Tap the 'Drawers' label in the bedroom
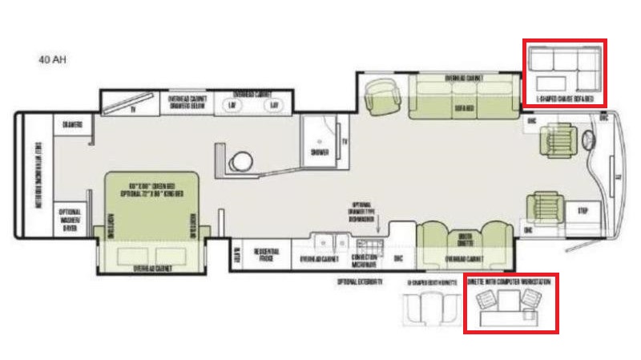[x=66, y=124]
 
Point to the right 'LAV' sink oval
[x=272, y=105]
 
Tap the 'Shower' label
[x=319, y=151]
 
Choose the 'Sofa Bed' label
[x=462, y=105]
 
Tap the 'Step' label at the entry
[x=583, y=210]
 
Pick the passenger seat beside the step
[x=548, y=207]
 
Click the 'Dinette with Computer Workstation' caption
[x=511, y=280]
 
